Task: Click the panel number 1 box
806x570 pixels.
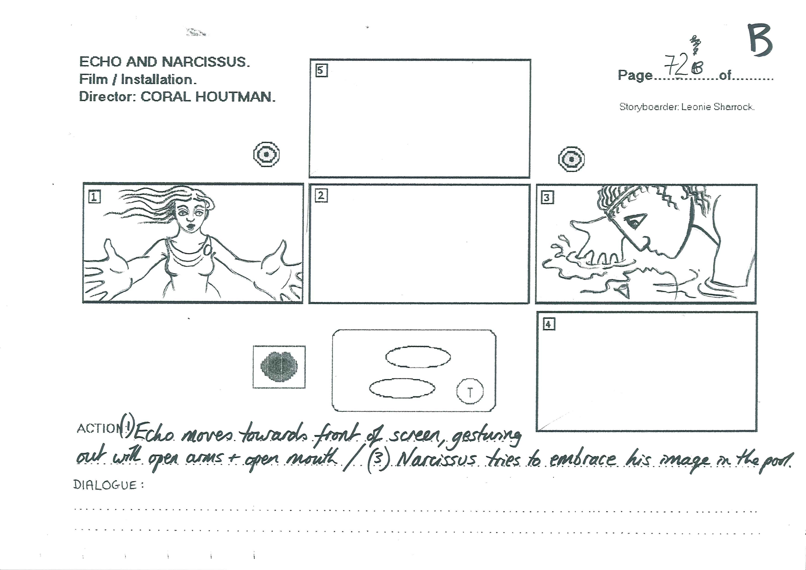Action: click(94, 197)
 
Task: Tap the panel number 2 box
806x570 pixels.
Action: click(321, 196)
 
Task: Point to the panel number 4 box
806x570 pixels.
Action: click(549, 324)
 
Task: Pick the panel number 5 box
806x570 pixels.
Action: click(321, 71)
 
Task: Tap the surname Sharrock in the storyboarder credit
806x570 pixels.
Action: click(734, 107)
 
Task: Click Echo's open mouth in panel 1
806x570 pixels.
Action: click(191, 226)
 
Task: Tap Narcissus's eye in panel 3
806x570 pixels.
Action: click(635, 222)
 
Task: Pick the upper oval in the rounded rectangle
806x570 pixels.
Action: click(418, 357)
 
